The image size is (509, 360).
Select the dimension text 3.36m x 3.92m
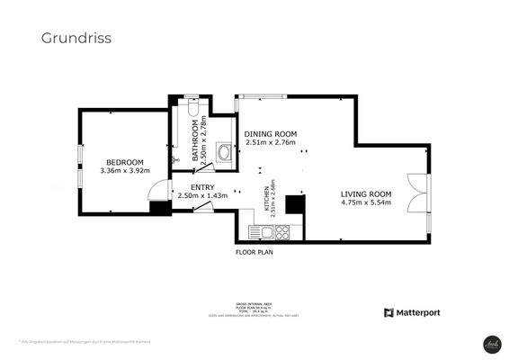click(124, 170)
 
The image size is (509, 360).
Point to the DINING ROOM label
click(271, 133)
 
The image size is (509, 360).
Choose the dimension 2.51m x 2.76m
click(271, 142)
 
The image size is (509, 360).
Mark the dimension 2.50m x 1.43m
click(202, 195)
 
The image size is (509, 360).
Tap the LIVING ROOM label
click(366, 193)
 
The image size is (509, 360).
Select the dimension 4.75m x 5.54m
click(366, 203)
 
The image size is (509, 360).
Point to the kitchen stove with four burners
click(281, 233)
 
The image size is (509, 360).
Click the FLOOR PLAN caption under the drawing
click(254, 253)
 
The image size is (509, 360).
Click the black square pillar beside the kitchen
click(294, 205)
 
